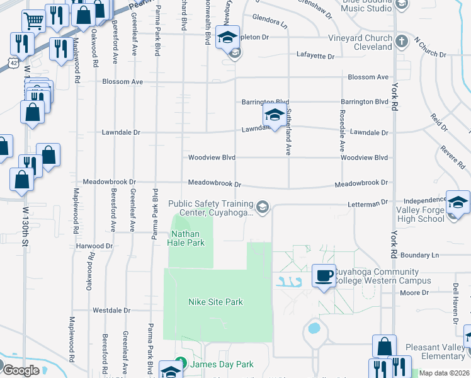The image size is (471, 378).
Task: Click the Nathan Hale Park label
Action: pos(188,238)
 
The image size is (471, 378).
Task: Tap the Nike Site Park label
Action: pos(215,302)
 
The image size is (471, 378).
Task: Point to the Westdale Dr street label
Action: pos(111,311)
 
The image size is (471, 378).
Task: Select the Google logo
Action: pos(20,370)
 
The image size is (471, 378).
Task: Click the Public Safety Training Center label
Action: pos(211,208)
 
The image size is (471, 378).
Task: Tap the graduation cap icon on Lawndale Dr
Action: pos(274,115)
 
